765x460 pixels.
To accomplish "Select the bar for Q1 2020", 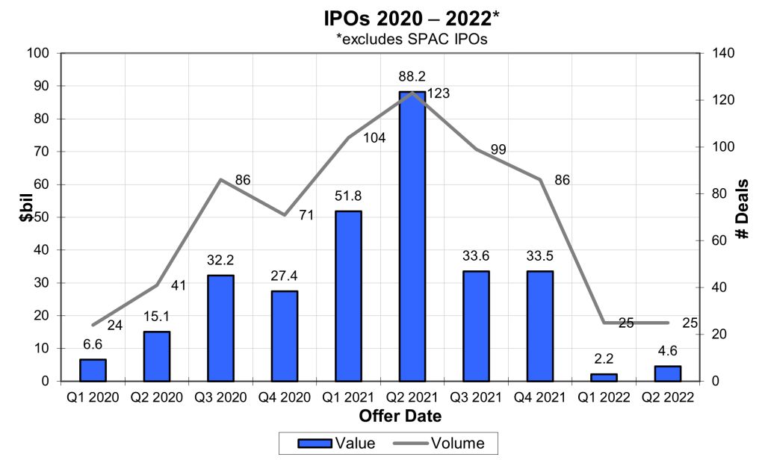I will (x=93, y=370).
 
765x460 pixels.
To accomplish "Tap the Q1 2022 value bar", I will (x=604, y=377).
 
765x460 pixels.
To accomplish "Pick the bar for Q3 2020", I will (x=220, y=328).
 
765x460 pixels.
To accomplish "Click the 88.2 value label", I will (x=412, y=76).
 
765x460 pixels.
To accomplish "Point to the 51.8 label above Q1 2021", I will (x=348, y=196).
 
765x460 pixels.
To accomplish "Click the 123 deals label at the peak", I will (x=439, y=93).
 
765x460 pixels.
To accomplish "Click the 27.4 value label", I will (x=284, y=276).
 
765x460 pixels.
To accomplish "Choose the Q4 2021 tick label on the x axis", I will (x=539, y=397).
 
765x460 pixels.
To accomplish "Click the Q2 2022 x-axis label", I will (x=668, y=397).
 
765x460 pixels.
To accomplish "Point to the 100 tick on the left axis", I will (x=37, y=53).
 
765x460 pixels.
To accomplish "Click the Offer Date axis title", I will (x=400, y=416).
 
